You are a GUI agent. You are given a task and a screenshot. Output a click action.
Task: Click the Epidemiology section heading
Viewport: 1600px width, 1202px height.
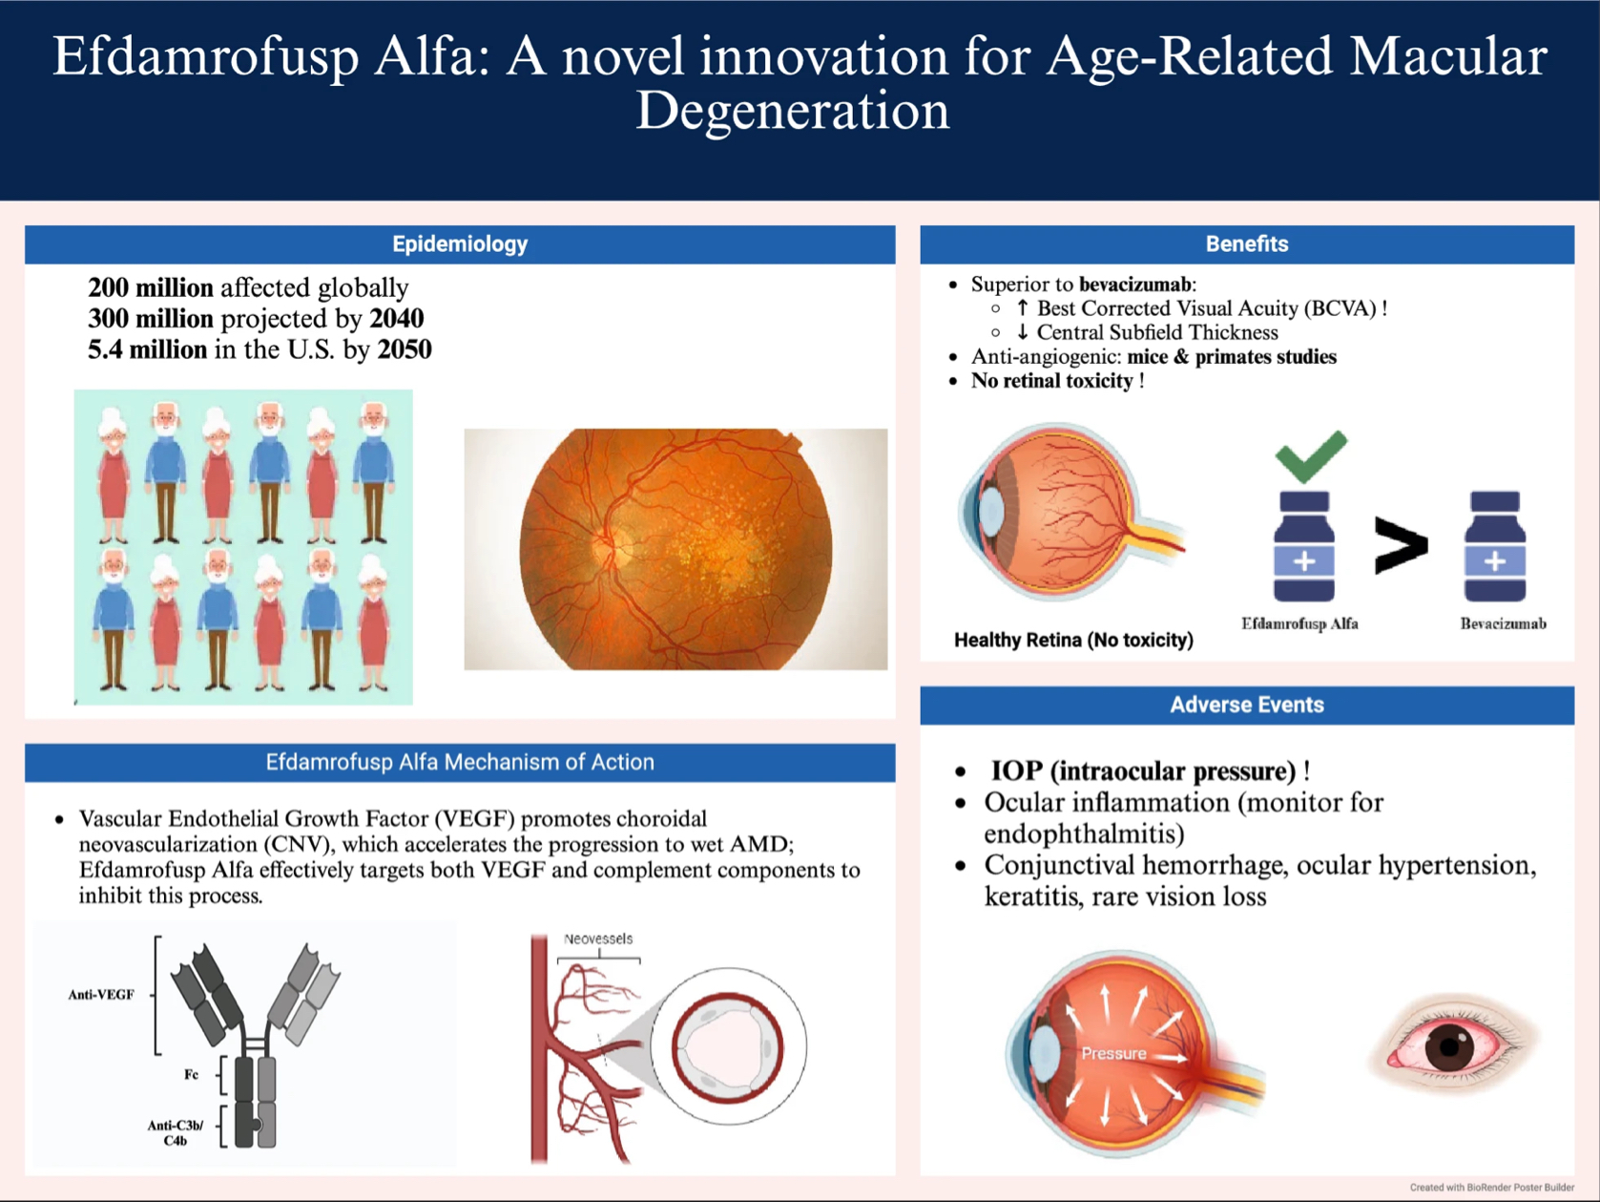[460, 244]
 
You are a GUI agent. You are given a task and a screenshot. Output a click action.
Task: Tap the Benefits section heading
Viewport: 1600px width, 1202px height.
[1247, 244]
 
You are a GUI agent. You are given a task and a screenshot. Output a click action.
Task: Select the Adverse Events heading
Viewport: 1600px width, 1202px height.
[1247, 705]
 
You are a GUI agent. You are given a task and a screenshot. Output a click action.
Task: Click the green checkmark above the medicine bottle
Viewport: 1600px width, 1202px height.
[1311, 456]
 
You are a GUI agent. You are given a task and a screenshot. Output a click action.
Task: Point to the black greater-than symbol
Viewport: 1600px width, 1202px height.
[1401, 545]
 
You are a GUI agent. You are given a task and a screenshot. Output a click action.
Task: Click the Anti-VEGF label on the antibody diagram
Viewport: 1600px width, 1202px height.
[101, 995]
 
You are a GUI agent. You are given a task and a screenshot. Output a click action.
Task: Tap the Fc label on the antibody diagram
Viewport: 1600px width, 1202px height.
[191, 1074]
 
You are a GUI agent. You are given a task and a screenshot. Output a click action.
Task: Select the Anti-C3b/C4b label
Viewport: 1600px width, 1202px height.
[175, 1132]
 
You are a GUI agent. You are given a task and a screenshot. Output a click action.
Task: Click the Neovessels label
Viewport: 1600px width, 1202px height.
[598, 938]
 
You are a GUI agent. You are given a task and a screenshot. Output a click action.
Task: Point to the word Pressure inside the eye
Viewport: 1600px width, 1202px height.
[1113, 1053]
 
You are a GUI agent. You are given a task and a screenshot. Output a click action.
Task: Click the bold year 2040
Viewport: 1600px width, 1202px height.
[397, 319]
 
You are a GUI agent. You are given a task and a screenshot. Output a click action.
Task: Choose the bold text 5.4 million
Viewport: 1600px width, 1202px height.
[147, 350]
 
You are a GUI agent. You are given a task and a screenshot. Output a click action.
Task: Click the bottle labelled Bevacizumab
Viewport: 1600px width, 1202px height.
[1495, 546]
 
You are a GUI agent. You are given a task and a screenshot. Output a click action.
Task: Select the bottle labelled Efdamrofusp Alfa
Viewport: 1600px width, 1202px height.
[1304, 546]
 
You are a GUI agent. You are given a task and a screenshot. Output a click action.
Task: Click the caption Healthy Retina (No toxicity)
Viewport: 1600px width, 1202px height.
[1073, 641]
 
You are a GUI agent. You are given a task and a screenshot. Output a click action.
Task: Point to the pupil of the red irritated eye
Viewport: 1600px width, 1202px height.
[1450, 1046]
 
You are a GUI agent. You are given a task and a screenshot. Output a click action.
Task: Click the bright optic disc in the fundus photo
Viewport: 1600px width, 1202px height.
[610, 544]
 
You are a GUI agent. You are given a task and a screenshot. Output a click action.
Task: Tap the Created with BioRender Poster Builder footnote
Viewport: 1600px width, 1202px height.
[1492, 1188]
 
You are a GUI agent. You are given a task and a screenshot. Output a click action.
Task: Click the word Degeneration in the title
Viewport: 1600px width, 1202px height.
[792, 111]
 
